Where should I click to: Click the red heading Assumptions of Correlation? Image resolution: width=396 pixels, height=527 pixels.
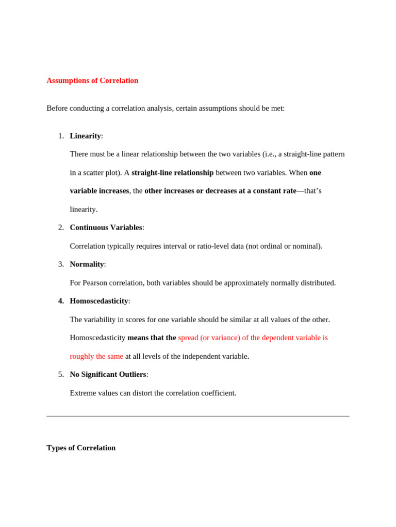click(92, 81)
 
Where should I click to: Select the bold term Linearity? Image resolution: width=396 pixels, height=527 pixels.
click(85, 136)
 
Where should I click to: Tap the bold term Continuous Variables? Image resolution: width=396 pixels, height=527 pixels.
click(106, 227)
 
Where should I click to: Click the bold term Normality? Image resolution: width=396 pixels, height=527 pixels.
click(87, 264)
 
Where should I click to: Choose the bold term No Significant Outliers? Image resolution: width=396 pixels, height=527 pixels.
click(108, 375)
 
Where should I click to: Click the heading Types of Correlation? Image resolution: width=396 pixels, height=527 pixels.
click(81, 448)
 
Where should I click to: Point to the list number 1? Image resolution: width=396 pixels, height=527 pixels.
click(61, 136)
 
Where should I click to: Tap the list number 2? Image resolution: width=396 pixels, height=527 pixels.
click(61, 227)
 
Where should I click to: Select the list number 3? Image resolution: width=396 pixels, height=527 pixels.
click(61, 264)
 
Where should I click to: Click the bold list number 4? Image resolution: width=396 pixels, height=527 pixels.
click(61, 301)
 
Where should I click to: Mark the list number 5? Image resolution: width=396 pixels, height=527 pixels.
click(61, 375)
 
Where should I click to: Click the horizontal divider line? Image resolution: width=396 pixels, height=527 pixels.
click(198, 416)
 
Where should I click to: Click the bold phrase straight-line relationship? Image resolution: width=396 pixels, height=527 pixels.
click(172, 172)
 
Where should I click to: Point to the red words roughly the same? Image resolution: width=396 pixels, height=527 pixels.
click(96, 356)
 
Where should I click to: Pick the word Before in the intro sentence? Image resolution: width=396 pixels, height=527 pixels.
click(58, 108)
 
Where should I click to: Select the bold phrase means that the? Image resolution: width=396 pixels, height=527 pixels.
click(152, 338)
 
